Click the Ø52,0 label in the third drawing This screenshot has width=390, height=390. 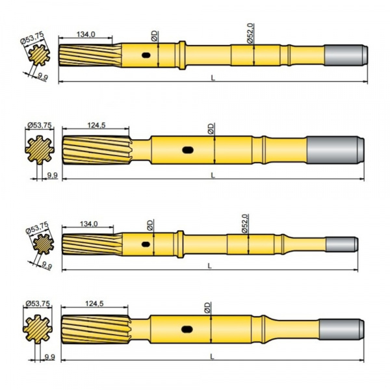244,223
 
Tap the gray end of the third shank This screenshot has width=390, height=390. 341,245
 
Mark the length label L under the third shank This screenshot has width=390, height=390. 209,265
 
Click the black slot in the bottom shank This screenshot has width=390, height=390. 187,329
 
